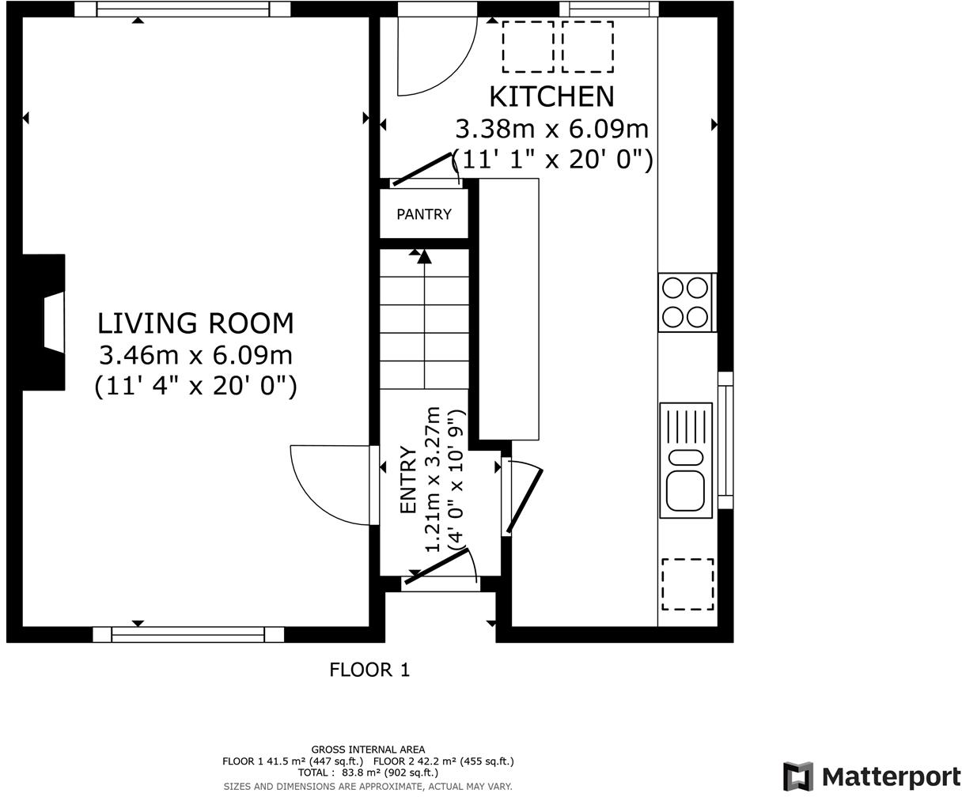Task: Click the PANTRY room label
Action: [424, 214]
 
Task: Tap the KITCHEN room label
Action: [551, 96]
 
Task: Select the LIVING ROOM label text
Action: [195, 323]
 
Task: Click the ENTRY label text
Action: [408, 479]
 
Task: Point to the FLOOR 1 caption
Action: [369, 670]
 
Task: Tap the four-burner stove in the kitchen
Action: [685, 303]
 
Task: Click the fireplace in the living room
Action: [44, 323]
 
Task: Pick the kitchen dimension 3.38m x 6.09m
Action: [552, 129]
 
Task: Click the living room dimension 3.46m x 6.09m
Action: [196, 356]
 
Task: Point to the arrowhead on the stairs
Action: [424, 256]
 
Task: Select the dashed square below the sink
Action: [687, 584]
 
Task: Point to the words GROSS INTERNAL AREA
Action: [368, 750]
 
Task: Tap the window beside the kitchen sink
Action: [725, 440]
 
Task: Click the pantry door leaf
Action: [422, 169]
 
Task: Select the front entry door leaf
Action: [436, 567]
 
